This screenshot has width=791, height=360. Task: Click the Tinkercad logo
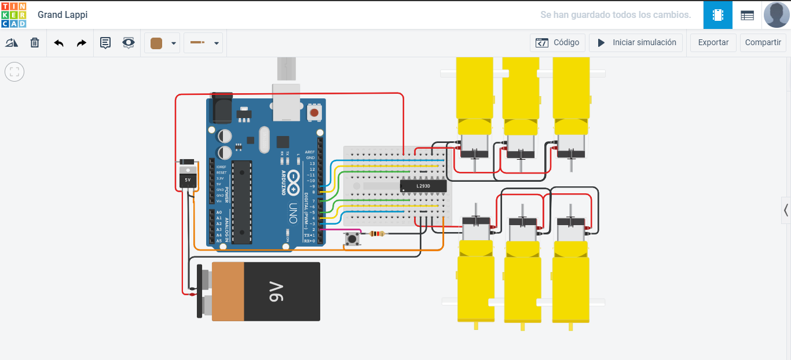[13, 14]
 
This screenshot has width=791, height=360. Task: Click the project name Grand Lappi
[63, 14]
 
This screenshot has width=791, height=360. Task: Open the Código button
[557, 42]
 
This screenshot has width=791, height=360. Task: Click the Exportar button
[713, 42]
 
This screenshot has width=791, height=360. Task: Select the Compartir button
[763, 42]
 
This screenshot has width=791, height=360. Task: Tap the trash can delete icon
[35, 43]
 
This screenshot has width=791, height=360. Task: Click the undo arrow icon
[58, 43]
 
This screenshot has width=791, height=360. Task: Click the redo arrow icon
[82, 43]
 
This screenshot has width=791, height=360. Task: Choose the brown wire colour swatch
[156, 43]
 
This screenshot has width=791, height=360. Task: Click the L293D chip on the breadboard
[423, 186]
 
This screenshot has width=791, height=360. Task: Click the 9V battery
[265, 291]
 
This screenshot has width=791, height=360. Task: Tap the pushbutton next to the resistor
[351, 238]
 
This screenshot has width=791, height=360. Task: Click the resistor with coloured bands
[376, 234]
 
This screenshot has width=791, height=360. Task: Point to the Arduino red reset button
[314, 112]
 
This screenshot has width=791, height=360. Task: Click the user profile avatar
[776, 14]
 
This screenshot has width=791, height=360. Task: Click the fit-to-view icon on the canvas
[14, 72]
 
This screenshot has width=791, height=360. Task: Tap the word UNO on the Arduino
[293, 212]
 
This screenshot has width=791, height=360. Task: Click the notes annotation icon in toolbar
[105, 43]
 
